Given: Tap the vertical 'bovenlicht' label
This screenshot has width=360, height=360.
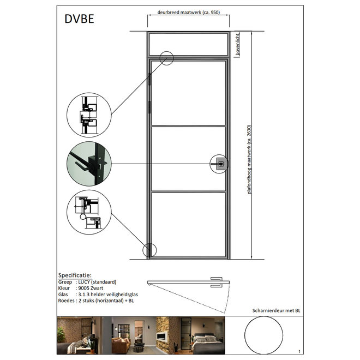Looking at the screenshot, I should (237, 44).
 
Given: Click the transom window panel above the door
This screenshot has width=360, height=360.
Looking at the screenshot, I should (188, 45).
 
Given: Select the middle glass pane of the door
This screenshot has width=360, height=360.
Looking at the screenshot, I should (188, 159).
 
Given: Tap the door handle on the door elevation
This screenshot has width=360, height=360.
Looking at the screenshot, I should (220, 164).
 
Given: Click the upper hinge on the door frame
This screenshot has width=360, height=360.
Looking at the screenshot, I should (148, 79).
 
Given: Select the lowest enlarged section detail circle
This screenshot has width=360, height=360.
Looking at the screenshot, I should (89, 212).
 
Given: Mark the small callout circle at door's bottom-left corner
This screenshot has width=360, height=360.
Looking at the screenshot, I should (149, 250).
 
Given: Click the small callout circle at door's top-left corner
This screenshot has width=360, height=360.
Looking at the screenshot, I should (166, 58).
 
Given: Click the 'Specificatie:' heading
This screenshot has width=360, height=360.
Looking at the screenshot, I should (75, 275).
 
